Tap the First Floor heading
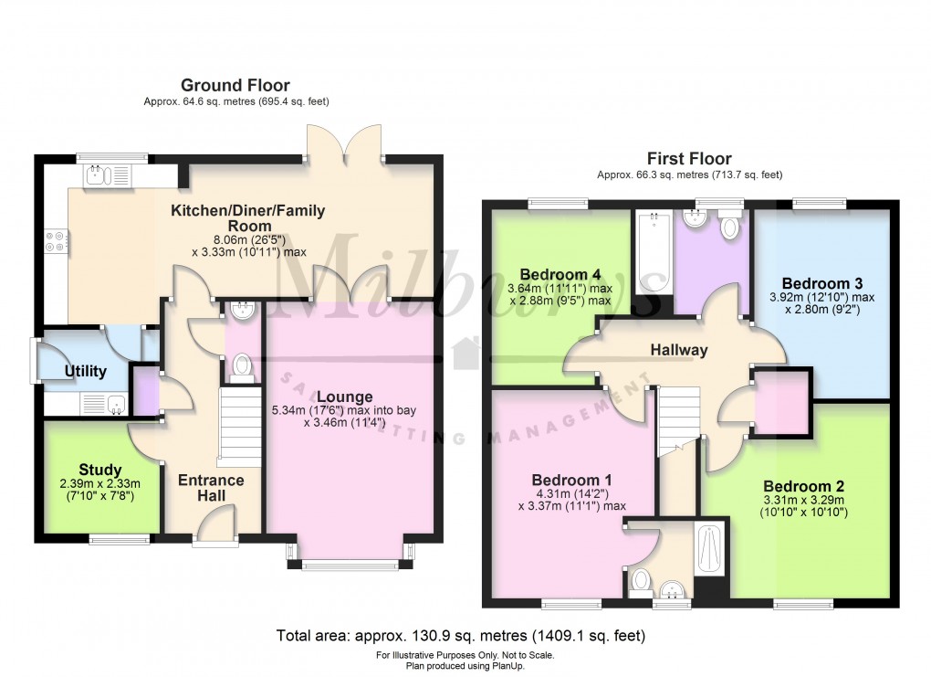coord(689,158)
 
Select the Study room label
coord(100,471)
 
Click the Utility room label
coord(85,372)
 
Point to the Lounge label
coord(345,397)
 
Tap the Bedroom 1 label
coord(571,480)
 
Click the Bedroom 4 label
coord(560,273)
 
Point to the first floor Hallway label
coord(679,349)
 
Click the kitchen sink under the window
coord(108,174)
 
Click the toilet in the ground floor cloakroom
coord(242,366)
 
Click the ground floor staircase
coord(240,425)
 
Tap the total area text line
coord(462,635)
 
